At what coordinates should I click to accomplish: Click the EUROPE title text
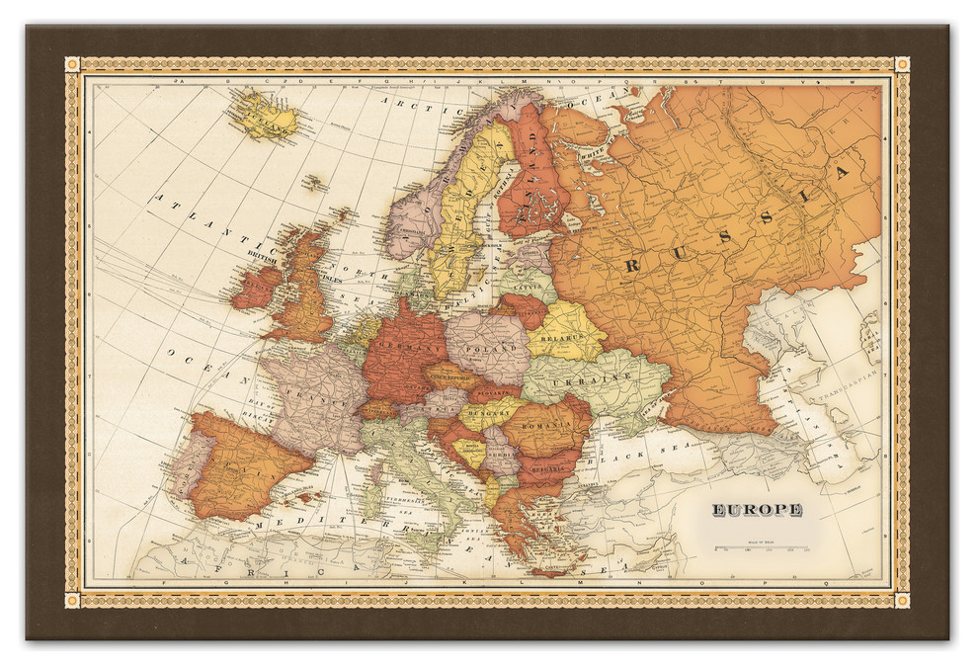tap(757, 510)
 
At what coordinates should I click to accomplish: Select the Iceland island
tap(264, 117)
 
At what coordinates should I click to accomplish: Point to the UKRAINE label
tap(592, 379)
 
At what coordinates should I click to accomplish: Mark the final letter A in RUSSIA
tap(843, 173)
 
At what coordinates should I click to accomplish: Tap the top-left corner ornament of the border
tap(72, 64)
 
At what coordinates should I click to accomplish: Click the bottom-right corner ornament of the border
tap(902, 599)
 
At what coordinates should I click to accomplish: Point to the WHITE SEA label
tap(593, 155)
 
